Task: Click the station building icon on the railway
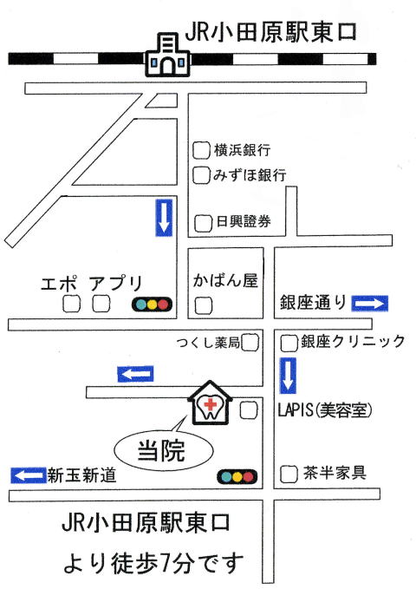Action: [x=168, y=55]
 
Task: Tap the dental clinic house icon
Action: [x=210, y=403]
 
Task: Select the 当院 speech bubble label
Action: [x=163, y=450]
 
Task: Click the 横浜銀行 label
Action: [x=242, y=150]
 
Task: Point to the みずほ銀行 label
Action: [x=250, y=175]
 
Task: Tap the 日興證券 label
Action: [x=244, y=221]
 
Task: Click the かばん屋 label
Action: [x=225, y=280]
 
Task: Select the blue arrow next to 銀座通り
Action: [x=370, y=303]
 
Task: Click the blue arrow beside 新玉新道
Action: [x=28, y=475]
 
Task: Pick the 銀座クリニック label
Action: [x=353, y=342]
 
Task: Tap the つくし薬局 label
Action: [x=208, y=342]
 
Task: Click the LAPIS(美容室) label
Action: [x=325, y=409]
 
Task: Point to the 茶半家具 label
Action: [x=335, y=473]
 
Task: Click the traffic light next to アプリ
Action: [x=152, y=304]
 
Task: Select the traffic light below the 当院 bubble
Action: [x=237, y=477]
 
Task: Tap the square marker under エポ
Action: [x=71, y=304]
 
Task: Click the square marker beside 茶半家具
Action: [x=289, y=474]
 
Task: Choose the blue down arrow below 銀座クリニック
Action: [x=288, y=376]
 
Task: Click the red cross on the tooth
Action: [x=211, y=404]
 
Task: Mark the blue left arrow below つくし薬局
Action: [x=135, y=374]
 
